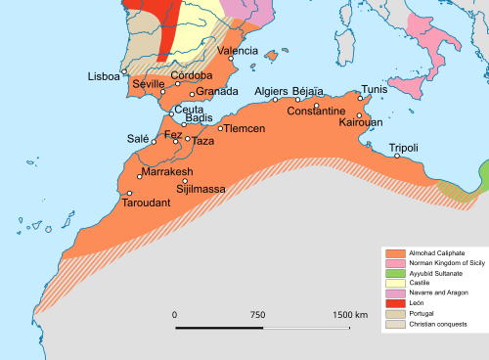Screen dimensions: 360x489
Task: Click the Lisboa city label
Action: tap(104, 76)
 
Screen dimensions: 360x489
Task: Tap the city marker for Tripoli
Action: tap(392, 156)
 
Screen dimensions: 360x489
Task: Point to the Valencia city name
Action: tap(238, 50)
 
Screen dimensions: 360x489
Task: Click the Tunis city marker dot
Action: tap(361, 98)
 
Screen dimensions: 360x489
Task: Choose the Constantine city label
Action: tap(316, 112)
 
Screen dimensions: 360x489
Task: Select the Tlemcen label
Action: tap(245, 128)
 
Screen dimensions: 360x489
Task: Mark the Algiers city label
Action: tap(271, 91)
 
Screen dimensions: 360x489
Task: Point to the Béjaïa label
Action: tap(314, 91)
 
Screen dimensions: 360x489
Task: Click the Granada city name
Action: tap(217, 92)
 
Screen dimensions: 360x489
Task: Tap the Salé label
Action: tap(138, 139)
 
